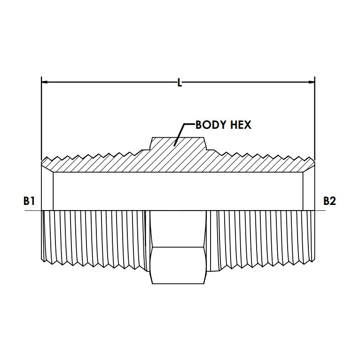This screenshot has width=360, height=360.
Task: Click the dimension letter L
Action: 179,83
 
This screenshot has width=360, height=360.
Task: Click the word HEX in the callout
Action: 241,125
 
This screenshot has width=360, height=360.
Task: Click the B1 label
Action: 29,201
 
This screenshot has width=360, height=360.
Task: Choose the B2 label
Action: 329,201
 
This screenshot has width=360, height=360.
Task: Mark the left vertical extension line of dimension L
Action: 41,117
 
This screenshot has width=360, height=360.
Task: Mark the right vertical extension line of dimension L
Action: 315,117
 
